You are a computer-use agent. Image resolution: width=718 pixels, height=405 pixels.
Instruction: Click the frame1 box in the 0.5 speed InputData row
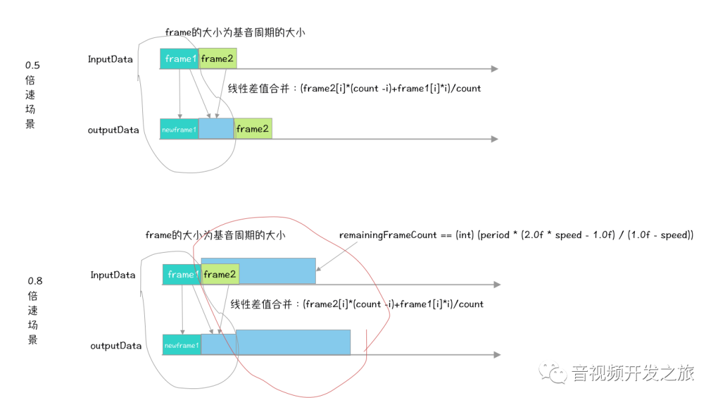(x=179, y=59)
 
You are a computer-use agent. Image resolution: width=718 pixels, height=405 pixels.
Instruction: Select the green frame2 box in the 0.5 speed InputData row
(x=217, y=59)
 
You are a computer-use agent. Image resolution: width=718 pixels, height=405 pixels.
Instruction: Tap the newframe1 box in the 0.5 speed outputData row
(x=179, y=129)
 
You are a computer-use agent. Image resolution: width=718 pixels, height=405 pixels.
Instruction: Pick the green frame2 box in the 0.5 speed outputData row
(x=253, y=128)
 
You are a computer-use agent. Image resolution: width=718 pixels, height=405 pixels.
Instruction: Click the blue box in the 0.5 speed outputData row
(x=216, y=128)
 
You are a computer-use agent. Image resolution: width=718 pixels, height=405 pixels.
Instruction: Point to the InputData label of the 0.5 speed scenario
(x=110, y=59)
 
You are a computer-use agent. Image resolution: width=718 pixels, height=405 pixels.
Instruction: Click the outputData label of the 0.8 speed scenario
(x=116, y=346)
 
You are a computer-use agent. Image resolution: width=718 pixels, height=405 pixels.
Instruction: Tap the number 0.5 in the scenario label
(x=33, y=65)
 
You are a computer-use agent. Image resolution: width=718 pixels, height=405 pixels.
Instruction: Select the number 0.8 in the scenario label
(x=35, y=281)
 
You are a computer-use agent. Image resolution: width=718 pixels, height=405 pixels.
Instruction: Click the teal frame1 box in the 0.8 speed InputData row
(x=181, y=274)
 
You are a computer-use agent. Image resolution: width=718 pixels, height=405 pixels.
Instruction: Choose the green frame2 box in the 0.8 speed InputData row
(x=220, y=274)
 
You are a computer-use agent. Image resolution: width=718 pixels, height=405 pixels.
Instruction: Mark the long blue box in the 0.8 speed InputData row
(x=277, y=271)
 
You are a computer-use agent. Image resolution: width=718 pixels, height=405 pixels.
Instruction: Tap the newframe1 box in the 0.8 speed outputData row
(x=181, y=345)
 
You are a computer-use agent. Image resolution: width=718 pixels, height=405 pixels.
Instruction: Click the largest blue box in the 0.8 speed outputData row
(x=293, y=342)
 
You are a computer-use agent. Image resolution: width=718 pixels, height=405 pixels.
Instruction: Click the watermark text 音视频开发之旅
(x=633, y=372)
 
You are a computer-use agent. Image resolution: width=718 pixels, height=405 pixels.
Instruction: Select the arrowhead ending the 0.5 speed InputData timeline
(x=494, y=68)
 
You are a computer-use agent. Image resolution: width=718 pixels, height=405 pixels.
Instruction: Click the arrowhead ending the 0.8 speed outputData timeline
(x=497, y=354)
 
